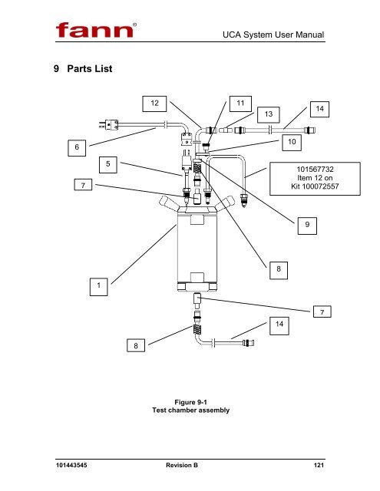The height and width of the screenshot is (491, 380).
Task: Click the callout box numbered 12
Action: pyautogui.click(x=154, y=104)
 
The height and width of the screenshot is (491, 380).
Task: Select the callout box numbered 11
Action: pyautogui.click(x=240, y=104)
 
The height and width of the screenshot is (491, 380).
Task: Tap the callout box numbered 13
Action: pyautogui.click(x=269, y=114)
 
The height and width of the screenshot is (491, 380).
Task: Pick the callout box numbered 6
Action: pyautogui.click(x=77, y=148)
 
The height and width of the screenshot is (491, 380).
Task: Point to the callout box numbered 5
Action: pyautogui.click(x=108, y=165)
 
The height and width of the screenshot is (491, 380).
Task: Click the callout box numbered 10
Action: pyautogui.click(x=292, y=143)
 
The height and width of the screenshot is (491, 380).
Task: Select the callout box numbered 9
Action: pyautogui.click(x=307, y=226)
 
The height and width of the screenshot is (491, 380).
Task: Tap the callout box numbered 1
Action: pyautogui.click(x=99, y=286)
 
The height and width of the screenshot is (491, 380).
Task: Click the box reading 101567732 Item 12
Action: pyautogui.click(x=315, y=179)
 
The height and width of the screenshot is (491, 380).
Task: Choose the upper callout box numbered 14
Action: pyautogui.click(x=319, y=109)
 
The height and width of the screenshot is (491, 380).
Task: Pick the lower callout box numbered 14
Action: pyautogui.click(x=279, y=325)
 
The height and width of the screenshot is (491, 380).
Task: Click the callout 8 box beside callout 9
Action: pyautogui.click(x=279, y=270)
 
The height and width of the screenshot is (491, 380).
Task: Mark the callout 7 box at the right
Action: pyautogui.click(x=322, y=311)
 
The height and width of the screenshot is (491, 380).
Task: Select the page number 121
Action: pyautogui.click(x=319, y=465)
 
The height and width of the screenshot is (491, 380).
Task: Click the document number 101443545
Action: pyautogui.click(x=71, y=465)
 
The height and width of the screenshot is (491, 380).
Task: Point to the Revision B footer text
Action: pyautogui.click(x=182, y=465)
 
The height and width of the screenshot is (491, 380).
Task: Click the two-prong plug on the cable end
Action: pyautogui.click(x=109, y=124)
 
